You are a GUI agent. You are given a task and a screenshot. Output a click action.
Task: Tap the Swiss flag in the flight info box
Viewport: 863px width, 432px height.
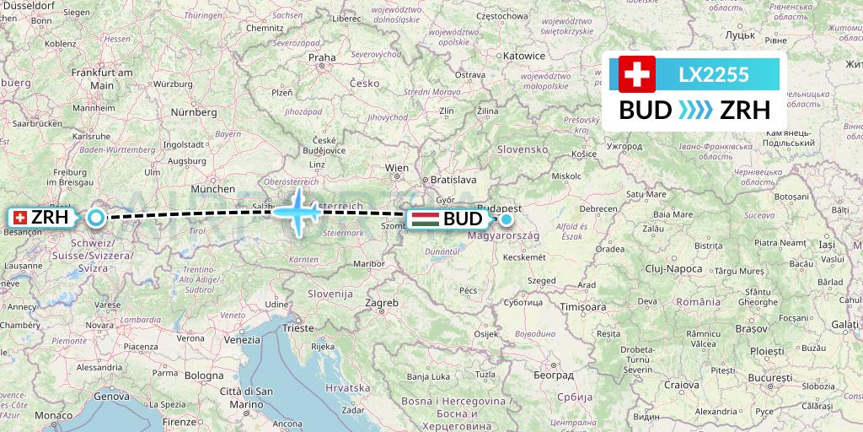click(636, 74)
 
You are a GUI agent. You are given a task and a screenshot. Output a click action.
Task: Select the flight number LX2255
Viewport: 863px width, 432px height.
click(714, 75)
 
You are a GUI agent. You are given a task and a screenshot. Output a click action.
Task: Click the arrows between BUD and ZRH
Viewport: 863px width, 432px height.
click(695, 111)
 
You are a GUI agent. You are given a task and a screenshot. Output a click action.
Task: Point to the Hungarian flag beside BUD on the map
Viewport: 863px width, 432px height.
click(424, 219)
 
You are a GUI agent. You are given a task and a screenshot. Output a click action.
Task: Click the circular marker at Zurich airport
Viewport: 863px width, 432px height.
click(96, 219)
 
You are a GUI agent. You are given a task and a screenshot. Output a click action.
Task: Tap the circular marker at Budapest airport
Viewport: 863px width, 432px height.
click(507, 219)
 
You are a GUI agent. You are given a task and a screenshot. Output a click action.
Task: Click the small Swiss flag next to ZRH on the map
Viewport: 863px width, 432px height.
click(19, 218)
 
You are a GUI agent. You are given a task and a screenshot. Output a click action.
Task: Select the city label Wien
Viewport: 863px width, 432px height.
click(397, 168)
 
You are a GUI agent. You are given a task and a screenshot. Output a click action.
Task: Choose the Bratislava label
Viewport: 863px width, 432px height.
click(453, 180)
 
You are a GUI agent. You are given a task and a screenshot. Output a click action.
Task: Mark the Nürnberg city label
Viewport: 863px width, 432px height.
click(194, 111)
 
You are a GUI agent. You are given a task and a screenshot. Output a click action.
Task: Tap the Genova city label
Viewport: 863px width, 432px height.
click(110, 396)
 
